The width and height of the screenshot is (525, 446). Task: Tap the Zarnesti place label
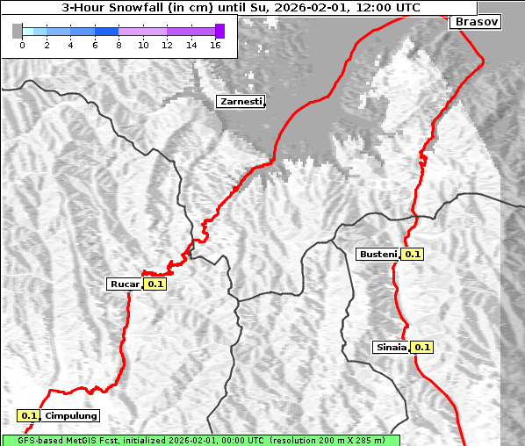241,102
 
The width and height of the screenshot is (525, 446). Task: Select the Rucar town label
124,284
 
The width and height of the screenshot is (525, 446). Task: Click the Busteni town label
378,255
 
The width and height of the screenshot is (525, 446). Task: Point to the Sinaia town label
391,347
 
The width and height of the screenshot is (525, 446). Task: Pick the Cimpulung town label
70,415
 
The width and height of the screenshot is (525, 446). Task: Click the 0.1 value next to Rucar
155,284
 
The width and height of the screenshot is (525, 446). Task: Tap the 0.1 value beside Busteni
413,255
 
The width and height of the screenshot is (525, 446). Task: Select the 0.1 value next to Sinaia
422,347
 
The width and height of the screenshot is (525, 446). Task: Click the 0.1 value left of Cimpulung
29,415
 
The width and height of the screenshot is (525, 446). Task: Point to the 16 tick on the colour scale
215,45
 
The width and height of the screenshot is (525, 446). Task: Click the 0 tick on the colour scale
22,45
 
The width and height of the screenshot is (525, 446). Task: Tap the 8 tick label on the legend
119,45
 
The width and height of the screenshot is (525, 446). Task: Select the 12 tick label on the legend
167,45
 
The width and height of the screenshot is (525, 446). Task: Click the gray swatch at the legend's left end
18,31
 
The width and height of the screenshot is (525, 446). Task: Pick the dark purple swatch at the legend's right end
219,31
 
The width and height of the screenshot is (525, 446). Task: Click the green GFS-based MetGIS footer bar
200,440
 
